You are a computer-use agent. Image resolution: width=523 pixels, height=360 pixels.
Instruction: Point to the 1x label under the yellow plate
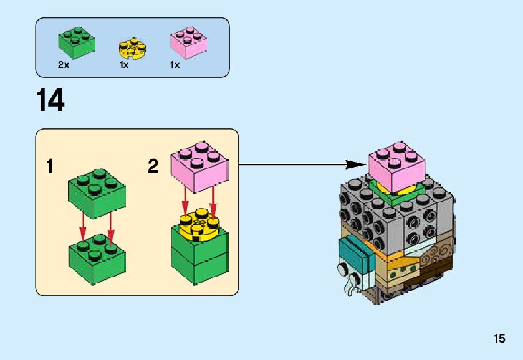point(123,65)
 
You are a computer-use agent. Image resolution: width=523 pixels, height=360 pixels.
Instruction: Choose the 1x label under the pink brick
point(175,65)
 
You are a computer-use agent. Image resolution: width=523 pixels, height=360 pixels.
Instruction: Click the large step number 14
point(50,101)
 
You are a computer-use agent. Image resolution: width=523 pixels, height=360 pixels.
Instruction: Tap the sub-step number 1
point(50,166)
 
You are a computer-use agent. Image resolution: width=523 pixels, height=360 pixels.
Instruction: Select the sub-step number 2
point(153,166)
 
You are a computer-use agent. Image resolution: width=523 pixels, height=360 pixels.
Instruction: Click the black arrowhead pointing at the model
point(355,165)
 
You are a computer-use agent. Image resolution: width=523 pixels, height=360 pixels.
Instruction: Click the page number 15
point(499,339)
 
